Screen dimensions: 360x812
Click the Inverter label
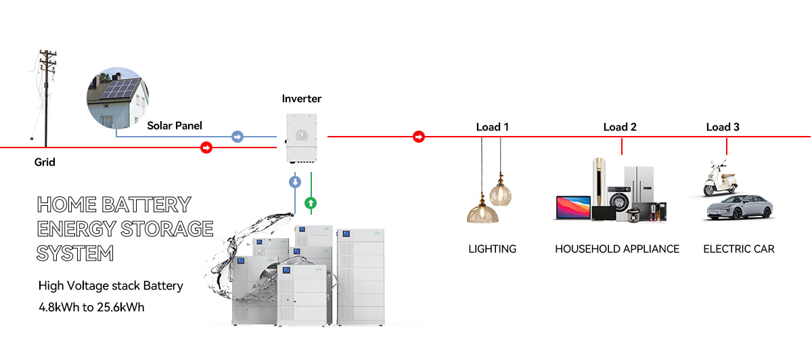(x=301, y=99)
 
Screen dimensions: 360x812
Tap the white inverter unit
(x=302, y=137)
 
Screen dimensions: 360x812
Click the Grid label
(x=45, y=162)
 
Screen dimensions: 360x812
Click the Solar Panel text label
(x=175, y=126)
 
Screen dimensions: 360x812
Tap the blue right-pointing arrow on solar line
(x=237, y=137)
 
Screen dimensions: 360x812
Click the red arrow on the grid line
(x=206, y=148)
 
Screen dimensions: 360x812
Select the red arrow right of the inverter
(x=419, y=137)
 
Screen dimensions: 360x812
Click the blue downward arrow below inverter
(x=295, y=182)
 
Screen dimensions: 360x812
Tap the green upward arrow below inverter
(x=311, y=202)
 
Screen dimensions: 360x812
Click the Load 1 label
(x=492, y=127)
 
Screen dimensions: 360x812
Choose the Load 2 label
(x=619, y=127)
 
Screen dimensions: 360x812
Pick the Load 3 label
(x=722, y=127)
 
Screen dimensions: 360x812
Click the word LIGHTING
(x=492, y=249)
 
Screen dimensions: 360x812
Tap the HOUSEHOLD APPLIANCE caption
(x=616, y=249)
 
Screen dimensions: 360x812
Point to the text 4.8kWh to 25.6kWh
(x=91, y=307)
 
